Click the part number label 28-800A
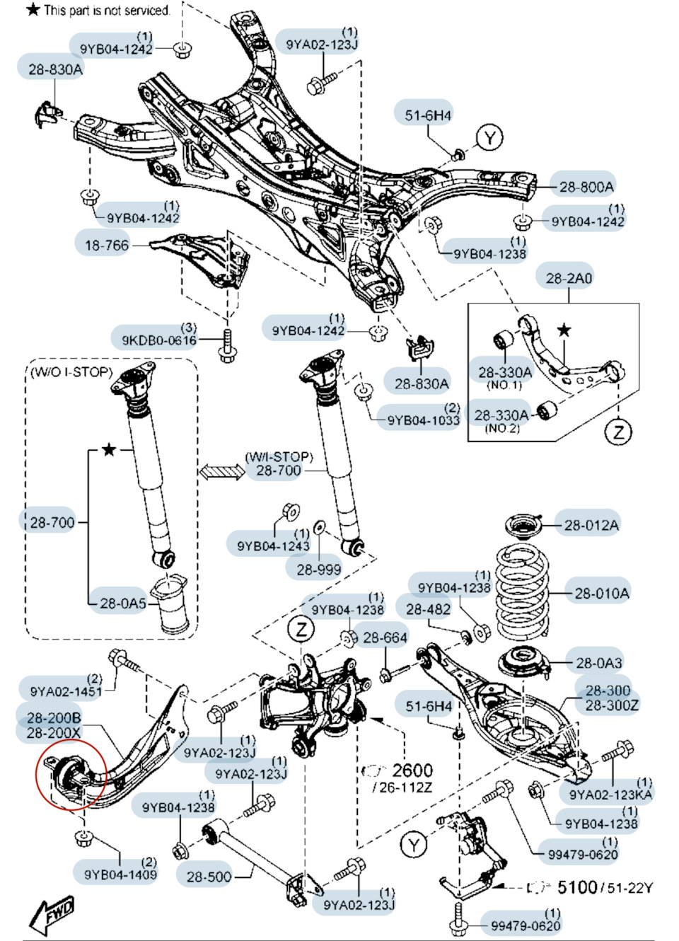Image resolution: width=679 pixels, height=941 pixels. (586, 187)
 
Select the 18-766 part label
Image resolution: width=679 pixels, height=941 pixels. (107, 246)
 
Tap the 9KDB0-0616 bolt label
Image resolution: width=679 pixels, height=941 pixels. (159, 340)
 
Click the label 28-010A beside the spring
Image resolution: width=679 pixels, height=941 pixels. (601, 594)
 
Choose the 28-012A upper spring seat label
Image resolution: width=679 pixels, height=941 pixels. (591, 525)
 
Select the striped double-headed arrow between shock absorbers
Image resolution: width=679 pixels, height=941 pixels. (221, 471)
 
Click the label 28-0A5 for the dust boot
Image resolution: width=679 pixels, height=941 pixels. (122, 604)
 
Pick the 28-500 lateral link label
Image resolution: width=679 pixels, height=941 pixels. (209, 877)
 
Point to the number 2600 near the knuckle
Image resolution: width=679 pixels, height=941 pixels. (412, 770)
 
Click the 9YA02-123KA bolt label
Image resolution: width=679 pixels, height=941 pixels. (610, 795)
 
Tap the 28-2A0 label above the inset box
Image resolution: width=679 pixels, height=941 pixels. (569, 278)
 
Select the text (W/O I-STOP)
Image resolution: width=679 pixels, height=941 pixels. (71, 372)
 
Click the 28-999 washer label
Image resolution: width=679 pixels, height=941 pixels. (318, 569)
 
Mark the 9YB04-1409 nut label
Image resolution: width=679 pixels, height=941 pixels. (120, 874)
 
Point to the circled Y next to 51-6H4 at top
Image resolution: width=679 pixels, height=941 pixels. (489, 137)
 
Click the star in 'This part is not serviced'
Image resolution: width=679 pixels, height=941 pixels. (33, 10)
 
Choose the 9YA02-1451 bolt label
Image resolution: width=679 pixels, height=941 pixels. (66, 691)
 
